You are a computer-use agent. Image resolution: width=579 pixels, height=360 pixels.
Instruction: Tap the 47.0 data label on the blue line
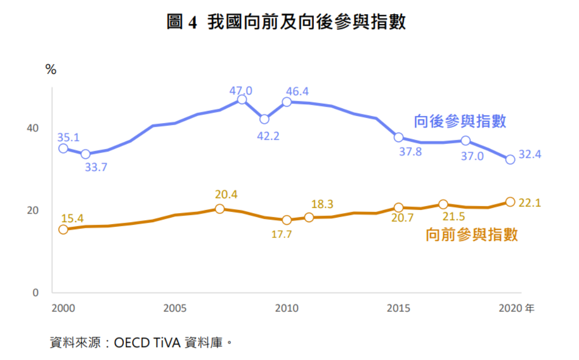coord(241,91)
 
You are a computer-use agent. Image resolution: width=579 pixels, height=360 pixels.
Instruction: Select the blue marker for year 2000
coord(63,148)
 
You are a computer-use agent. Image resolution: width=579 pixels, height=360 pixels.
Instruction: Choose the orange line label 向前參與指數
coord(471,234)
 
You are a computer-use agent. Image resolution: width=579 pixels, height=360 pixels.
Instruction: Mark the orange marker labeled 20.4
coord(219,208)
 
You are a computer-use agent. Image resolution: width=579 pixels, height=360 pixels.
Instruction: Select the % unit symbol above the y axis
coord(51,70)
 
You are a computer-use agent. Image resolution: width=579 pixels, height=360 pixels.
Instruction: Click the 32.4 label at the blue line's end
coord(530,155)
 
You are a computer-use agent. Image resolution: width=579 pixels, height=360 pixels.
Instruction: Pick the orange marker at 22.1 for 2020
coord(510,202)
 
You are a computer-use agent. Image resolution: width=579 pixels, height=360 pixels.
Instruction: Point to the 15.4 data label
coord(72,219)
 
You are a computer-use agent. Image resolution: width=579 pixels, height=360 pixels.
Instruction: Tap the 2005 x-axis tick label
coord(175,309)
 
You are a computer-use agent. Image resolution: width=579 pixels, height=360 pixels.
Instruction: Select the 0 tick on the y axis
coord(35,293)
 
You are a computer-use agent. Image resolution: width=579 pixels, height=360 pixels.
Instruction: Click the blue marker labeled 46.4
coord(287,102)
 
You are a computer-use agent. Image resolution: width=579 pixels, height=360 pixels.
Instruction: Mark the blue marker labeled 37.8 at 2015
coord(398,137)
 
